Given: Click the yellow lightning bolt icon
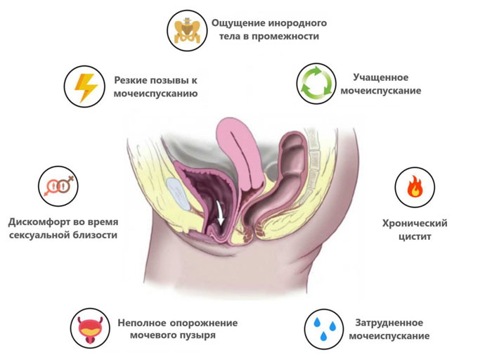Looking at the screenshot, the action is point(85,88).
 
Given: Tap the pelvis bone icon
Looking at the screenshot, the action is point(187,31).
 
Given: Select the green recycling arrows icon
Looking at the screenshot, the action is point(316,84).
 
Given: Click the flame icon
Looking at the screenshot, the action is point(415,186).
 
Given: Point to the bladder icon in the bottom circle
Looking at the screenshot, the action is point(90,330).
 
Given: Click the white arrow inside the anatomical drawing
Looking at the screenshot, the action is point(220,214).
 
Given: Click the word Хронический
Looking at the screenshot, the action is point(415,224).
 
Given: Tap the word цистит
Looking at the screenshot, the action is point(415,236).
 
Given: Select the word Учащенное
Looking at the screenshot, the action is point(381,77).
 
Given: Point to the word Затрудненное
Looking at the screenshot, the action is point(389,323).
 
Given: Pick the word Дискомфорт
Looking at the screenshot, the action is point(39,222).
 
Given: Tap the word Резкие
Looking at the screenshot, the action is point(130,80).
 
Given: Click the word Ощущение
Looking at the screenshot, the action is point(238,23).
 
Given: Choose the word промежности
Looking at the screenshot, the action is point(285,37).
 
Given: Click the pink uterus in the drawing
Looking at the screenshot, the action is point(240,154).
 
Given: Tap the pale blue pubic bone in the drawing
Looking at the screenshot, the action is point(178,193).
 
